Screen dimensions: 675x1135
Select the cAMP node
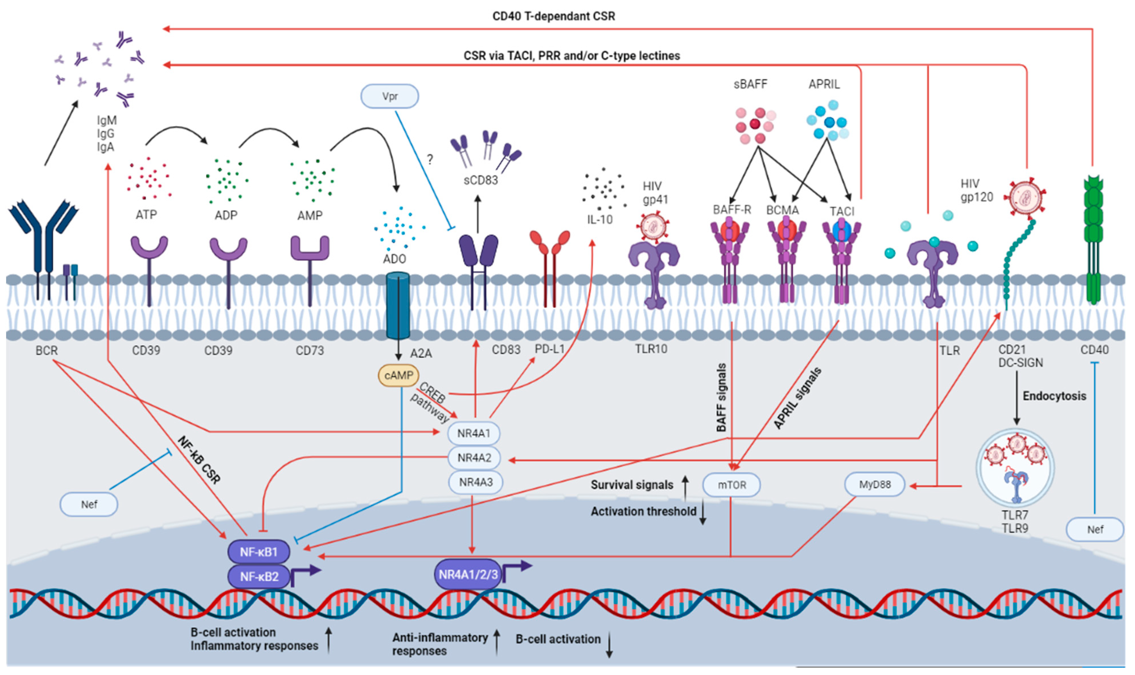[x=398, y=376]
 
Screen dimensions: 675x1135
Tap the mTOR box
[x=731, y=485]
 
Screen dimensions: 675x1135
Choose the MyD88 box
[x=874, y=484]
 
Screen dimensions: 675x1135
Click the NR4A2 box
[x=474, y=458]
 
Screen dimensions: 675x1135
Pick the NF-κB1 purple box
[x=258, y=552]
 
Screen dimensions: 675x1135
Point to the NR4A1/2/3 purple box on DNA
[x=468, y=575]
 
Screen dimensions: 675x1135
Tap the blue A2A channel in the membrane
[x=398, y=305]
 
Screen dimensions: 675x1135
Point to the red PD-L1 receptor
[x=550, y=264]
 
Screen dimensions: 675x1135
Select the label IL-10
[x=600, y=220]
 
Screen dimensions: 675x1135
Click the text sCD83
[x=480, y=180]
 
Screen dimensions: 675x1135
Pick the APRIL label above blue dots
[x=824, y=84]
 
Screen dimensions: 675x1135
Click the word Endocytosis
[x=1054, y=396]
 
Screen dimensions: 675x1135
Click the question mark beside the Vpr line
[x=430, y=159]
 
